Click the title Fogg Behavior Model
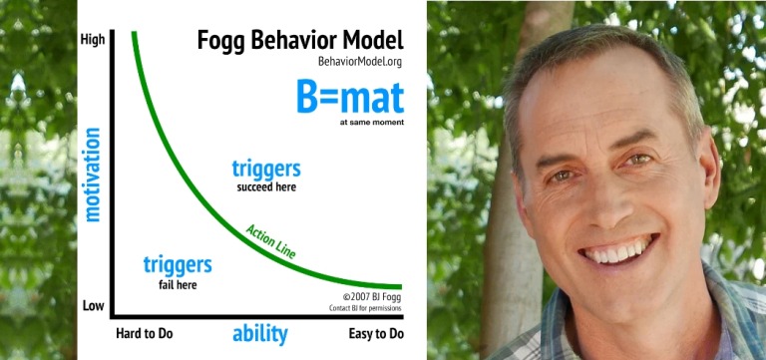299,42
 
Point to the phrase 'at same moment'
371,124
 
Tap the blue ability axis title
259,333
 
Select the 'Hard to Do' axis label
146,333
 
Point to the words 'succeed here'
266,186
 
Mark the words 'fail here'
178,285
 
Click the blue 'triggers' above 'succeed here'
265,168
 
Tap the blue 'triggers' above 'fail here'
178,265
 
